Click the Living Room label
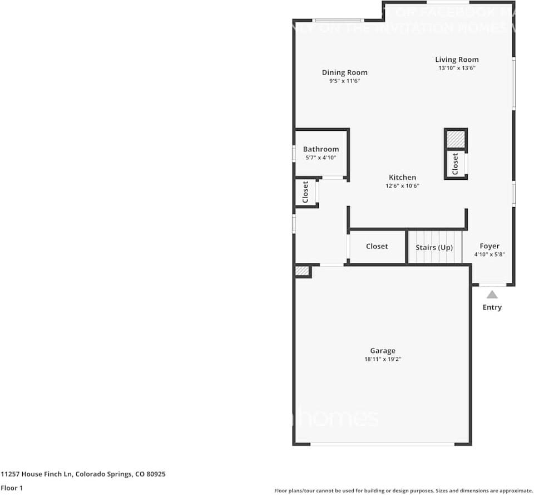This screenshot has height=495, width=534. pos(456,60)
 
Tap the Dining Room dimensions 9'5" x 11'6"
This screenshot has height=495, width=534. pos(344,81)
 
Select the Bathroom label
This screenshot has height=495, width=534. pos(320,149)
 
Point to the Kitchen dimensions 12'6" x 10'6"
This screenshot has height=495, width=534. pos(402,186)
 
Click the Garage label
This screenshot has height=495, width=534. pos(383,351)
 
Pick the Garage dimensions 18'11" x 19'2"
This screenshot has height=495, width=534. pos(383,360)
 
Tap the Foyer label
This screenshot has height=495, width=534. pos(489,246)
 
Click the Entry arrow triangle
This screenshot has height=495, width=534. pos(492,295)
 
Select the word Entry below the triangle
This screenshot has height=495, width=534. pos(492,307)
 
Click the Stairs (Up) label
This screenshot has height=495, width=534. pos(434,247)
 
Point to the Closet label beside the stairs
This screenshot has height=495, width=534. pos(377,246)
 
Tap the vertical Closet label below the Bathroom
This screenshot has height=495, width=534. pos(305,192)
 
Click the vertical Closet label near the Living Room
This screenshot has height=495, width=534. pos(456,164)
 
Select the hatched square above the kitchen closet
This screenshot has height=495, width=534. pos(456,139)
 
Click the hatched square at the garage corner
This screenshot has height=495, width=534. pos(302,271)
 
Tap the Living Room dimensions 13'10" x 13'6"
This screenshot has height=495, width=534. pos(456,68)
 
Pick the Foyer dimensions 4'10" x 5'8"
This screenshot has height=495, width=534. pos(489,254)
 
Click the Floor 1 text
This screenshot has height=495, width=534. pos(12,488)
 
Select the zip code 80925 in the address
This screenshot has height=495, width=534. pos(155,474)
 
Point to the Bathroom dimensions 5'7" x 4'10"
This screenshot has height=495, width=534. pos(320,158)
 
